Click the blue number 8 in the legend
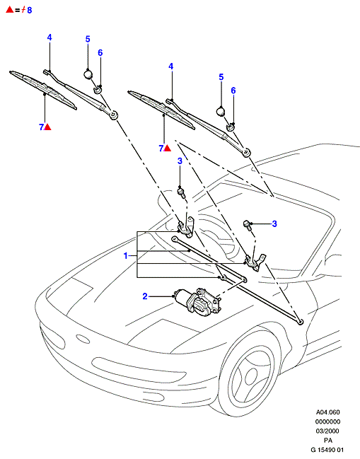point(29,10)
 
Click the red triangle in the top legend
point(10,9)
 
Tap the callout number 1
point(126,256)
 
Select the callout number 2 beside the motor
point(145,296)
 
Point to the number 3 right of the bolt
point(274,223)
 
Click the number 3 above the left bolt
point(180,161)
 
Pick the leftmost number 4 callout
point(50,37)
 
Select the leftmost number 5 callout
point(88,39)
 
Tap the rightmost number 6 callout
point(233,91)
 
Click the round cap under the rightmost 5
point(221,112)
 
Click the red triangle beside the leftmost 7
point(47,127)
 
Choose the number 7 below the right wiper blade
point(161,149)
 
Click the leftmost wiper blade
point(43,90)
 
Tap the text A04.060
point(327,412)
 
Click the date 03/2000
point(327,431)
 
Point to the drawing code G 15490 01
point(327,450)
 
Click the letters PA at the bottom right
point(327,441)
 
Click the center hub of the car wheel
point(251,376)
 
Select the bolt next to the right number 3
point(248,225)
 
